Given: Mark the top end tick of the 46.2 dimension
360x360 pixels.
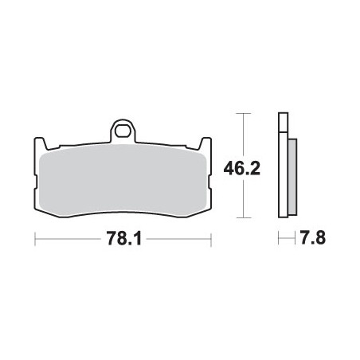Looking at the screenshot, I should [243, 115].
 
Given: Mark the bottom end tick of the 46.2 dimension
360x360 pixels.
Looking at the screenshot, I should [243, 217].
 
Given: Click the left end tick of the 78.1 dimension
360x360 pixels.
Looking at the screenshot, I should [34, 238].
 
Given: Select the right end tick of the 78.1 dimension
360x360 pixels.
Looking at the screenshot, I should [210, 238].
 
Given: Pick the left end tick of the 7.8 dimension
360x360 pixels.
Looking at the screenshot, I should [278, 238].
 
